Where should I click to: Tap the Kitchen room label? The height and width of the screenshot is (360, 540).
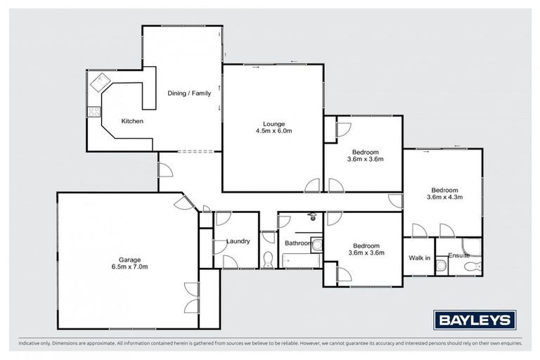[x=132, y=122]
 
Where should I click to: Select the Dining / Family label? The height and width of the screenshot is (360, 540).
[x=188, y=93]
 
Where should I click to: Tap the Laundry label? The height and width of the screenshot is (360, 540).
[x=238, y=241]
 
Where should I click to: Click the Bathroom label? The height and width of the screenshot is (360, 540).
[x=298, y=243]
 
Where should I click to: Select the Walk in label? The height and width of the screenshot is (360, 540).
[x=419, y=257]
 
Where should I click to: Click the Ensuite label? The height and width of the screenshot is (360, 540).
[x=458, y=255]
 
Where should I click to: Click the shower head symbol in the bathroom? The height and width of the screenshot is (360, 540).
[x=310, y=217]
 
